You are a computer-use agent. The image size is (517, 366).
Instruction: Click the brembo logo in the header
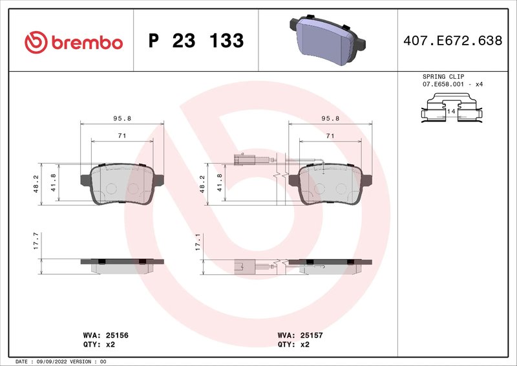(x=73, y=41)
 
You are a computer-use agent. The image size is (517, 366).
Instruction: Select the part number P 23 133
(x=196, y=41)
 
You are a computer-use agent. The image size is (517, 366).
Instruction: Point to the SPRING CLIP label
(x=443, y=76)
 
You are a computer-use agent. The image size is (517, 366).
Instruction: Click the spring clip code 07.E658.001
(x=443, y=85)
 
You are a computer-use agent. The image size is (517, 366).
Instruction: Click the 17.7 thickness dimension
(x=36, y=242)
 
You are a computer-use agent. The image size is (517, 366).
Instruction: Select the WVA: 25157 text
(x=301, y=336)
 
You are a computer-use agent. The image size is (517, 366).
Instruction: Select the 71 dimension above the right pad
(x=330, y=135)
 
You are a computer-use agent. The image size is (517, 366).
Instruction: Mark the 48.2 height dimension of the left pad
(x=36, y=184)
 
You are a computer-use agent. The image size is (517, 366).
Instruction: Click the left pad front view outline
(x=121, y=184)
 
